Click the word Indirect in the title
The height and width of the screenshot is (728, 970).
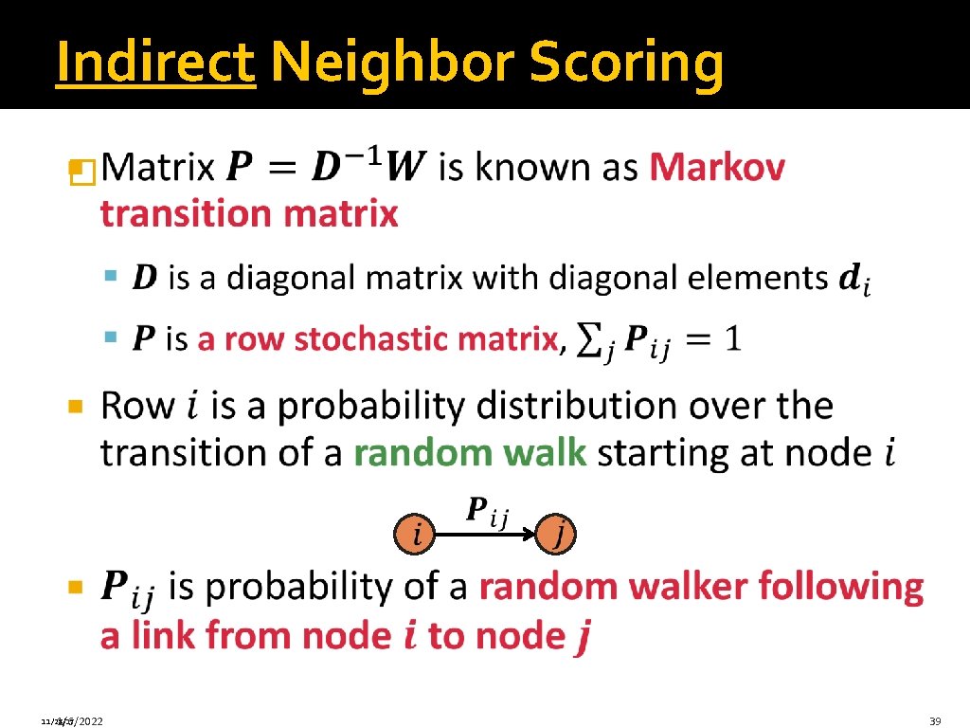155,64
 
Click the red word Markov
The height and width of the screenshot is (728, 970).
717,169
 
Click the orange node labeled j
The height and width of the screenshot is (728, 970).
557,537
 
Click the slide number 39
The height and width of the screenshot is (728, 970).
935,721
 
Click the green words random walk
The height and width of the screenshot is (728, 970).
470,453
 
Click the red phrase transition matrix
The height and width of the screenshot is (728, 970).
249,214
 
